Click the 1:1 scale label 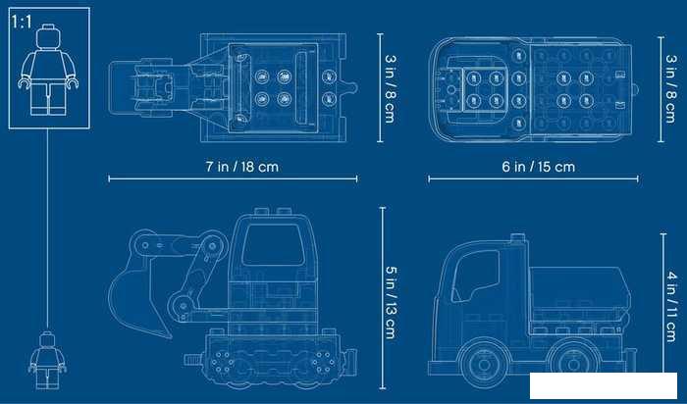[22, 22]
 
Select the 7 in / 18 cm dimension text [241, 167]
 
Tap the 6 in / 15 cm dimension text [538, 167]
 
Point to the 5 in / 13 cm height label [390, 302]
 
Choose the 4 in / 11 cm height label [670, 306]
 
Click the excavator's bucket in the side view [138, 298]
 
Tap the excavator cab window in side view [273, 245]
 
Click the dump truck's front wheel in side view [484, 363]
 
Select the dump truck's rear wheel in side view [572, 363]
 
